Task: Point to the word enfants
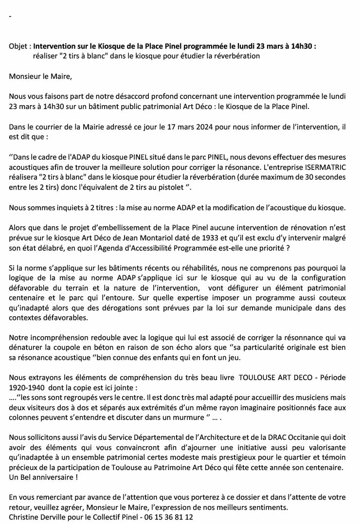coord(180,358)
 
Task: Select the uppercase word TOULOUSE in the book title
coord(253,378)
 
